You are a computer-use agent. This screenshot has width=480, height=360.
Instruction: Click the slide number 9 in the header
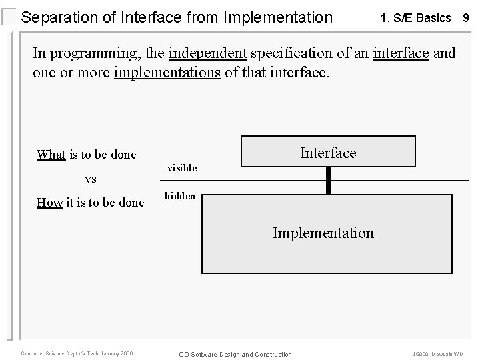point(466,18)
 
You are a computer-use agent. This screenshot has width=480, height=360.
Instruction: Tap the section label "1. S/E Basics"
point(415,18)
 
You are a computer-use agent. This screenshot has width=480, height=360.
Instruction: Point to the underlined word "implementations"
point(167,71)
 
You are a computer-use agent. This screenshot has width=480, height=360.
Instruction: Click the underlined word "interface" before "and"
point(401,53)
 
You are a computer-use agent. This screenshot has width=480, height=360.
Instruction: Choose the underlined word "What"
point(51,155)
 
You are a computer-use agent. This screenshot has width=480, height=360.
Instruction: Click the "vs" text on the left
point(91,179)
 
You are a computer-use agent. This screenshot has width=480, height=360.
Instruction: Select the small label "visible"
point(182,168)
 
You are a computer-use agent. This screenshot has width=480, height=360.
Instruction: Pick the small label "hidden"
point(180,196)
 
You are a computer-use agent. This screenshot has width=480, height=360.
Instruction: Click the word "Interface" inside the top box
point(328,153)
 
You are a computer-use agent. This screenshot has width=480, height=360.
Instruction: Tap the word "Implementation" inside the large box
point(323,233)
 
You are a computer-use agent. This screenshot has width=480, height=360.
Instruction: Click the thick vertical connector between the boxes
point(328,180)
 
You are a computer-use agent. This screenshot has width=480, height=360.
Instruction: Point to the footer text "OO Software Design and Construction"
point(235,354)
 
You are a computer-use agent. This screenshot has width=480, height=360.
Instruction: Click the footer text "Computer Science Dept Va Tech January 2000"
point(77,353)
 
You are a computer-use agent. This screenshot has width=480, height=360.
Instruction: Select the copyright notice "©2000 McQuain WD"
point(438,354)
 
